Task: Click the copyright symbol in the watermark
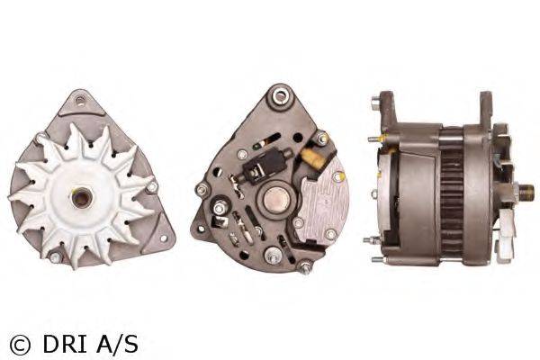tap(20, 345)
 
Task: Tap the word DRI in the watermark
tap(65, 345)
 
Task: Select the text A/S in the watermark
tap(117, 345)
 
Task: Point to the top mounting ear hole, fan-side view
tap(80, 101)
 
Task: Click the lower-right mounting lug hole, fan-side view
tap(163, 238)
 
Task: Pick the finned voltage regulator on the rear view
tap(323, 202)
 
